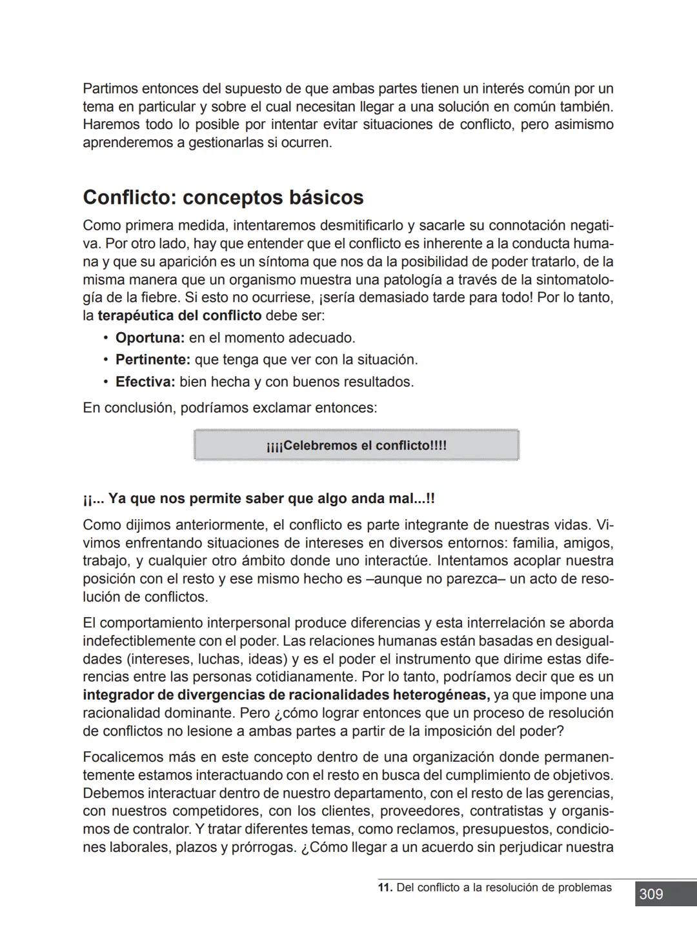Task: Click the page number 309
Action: coord(651,894)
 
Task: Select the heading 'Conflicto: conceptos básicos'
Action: coord(223,197)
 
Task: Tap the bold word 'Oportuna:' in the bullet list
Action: coord(150,338)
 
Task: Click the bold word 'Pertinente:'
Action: coord(152,360)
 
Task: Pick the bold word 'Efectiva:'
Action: coord(145,382)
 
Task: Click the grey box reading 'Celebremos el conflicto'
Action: coord(356,446)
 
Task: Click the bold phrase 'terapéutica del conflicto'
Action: coord(179,316)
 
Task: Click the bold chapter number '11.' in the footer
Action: coord(385,887)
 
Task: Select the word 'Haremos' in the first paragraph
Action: coord(109,124)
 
